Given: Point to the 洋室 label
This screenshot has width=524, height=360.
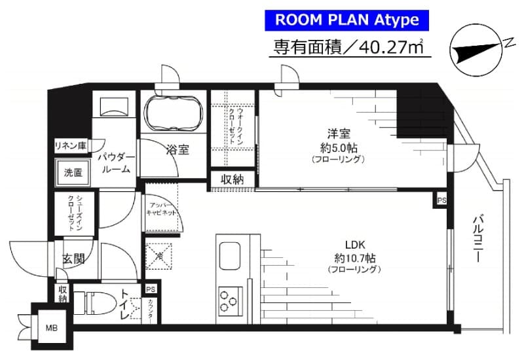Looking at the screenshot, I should (x=337, y=131).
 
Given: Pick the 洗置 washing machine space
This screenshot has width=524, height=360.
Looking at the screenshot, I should (x=73, y=173).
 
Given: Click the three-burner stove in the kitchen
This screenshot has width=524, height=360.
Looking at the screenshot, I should (x=229, y=299).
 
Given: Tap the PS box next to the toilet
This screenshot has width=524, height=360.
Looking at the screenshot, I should (x=151, y=289).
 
